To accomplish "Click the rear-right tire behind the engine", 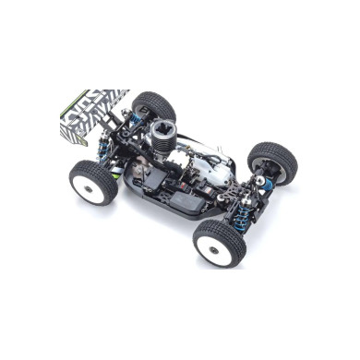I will click(152, 104).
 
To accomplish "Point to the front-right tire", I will click(273, 162).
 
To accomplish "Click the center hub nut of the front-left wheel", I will click(220, 247).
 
